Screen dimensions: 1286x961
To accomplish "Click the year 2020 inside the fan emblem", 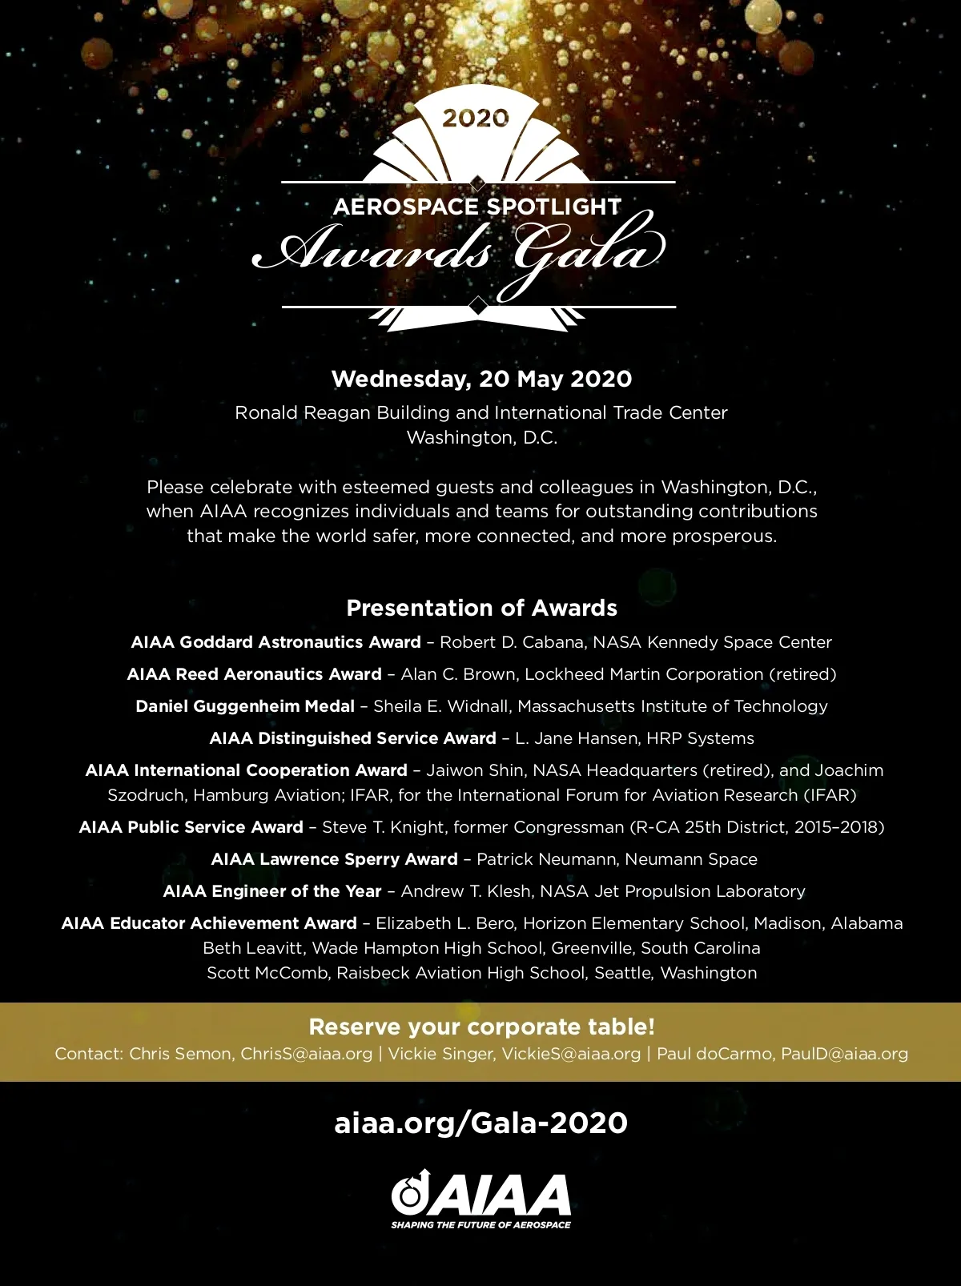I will coord(476,119).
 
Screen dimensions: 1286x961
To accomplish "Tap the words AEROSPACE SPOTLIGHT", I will coord(477,207).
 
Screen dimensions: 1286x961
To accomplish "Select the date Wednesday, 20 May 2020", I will coord(481,379).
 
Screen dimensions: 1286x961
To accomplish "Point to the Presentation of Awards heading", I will coord(481,608).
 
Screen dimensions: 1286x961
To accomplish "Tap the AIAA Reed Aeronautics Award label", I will coord(254,674).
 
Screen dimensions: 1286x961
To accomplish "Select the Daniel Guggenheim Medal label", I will coord(245,706).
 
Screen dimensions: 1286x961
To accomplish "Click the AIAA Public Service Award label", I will coord(191,827).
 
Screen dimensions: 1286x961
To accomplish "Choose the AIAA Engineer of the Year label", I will coord(272,891).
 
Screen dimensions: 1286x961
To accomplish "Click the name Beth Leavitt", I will coord(252,948).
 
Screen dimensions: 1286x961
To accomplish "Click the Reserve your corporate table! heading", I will coord(481,1027).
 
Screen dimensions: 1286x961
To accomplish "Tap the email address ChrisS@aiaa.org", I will coord(307,1054).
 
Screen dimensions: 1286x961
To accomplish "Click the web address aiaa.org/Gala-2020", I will coord(480,1123).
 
